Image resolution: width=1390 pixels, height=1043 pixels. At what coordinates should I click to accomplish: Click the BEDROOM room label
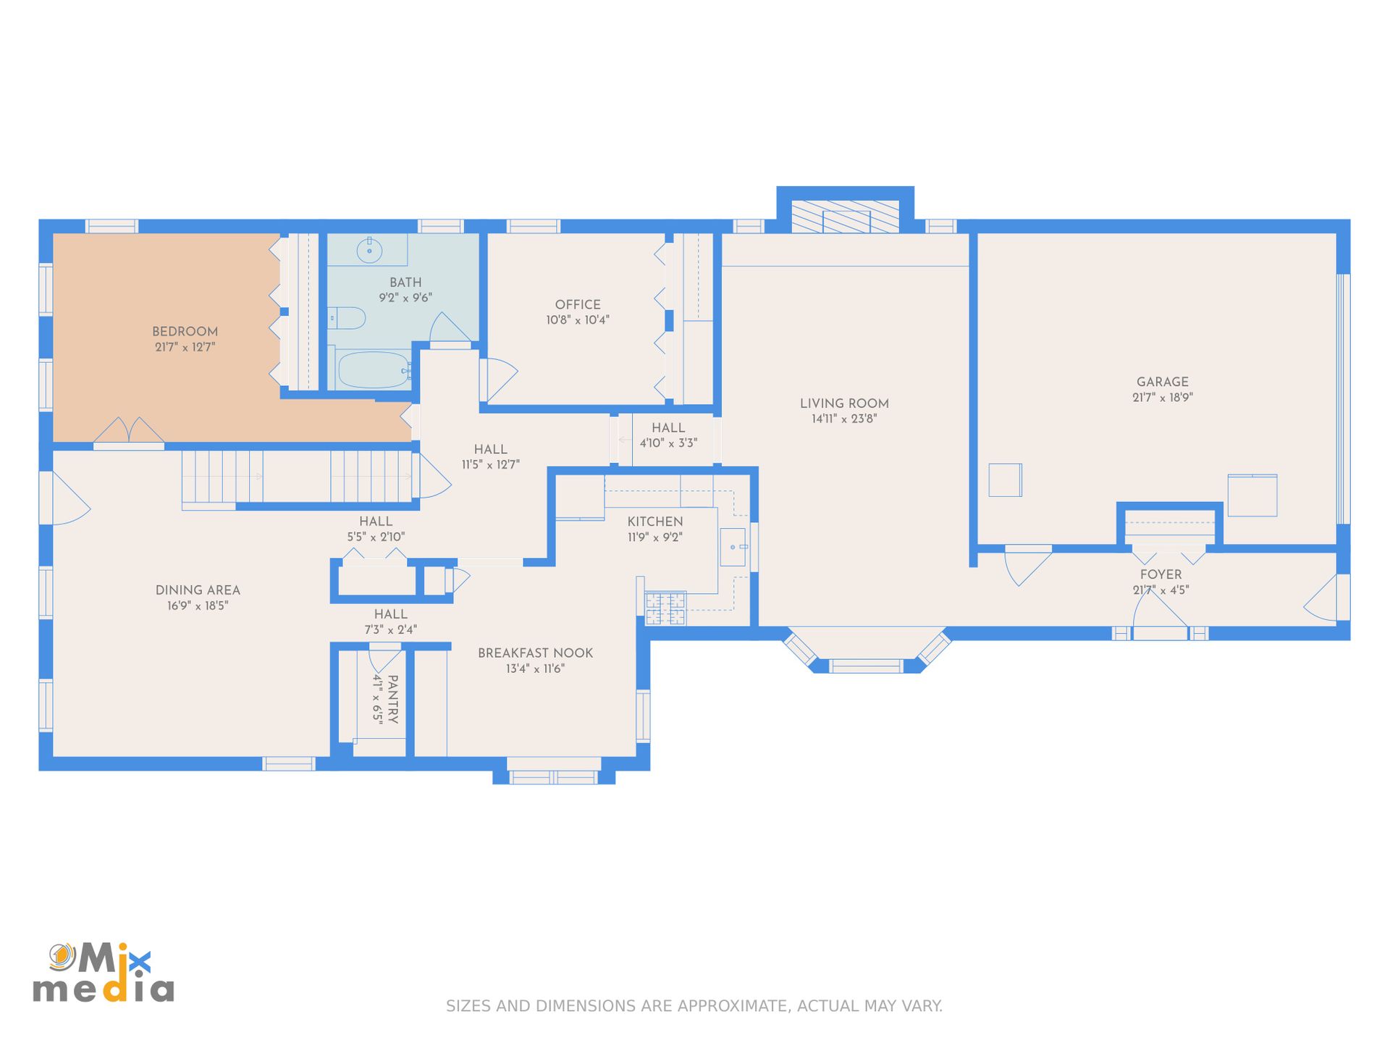[x=185, y=332]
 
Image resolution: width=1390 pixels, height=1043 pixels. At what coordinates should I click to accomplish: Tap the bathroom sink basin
[x=369, y=251]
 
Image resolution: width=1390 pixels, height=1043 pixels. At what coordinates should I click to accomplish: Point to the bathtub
[x=374, y=370]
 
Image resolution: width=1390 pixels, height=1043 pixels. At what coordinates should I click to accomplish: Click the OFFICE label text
[x=578, y=305]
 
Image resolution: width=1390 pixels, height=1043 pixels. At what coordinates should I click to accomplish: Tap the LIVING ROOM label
[x=844, y=403]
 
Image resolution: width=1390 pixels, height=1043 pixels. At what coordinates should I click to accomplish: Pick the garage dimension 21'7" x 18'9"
[x=1163, y=398]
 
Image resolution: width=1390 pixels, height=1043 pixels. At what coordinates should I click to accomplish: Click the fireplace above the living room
[x=845, y=217]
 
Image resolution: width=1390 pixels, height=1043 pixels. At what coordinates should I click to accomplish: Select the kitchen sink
[x=733, y=547]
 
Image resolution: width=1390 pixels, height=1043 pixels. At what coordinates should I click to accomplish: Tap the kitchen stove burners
[x=665, y=608]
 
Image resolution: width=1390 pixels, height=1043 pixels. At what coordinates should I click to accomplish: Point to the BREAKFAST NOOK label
[x=535, y=653]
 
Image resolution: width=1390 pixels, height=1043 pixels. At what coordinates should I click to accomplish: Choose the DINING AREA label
[x=198, y=590]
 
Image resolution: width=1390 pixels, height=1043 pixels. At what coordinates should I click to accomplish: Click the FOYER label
[x=1161, y=575]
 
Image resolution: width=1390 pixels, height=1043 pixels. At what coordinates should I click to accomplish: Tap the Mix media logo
[x=104, y=973]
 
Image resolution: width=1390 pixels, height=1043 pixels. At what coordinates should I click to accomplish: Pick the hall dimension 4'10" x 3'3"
[x=668, y=443]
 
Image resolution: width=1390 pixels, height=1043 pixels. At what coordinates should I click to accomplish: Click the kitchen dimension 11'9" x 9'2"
[x=655, y=537]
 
